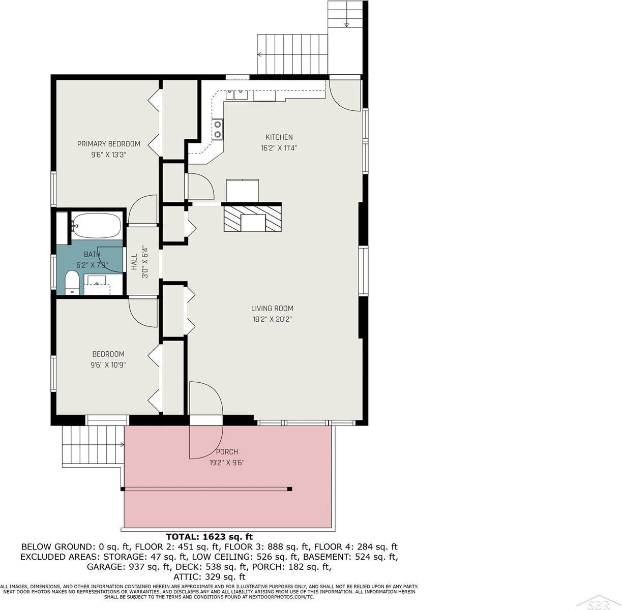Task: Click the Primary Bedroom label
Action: [x=108, y=144]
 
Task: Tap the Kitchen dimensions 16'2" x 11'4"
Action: [x=279, y=148]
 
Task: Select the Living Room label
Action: [x=272, y=308]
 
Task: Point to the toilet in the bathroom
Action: [x=72, y=283]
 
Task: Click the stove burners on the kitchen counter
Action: [x=218, y=129]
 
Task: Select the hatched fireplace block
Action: [x=253, y=218]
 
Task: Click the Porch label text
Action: [x=227, y=451]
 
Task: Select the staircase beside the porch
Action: [x=93, y=445]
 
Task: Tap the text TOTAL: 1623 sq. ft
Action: [x=210, y=536]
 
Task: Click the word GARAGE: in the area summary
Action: [x=104, y=566]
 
